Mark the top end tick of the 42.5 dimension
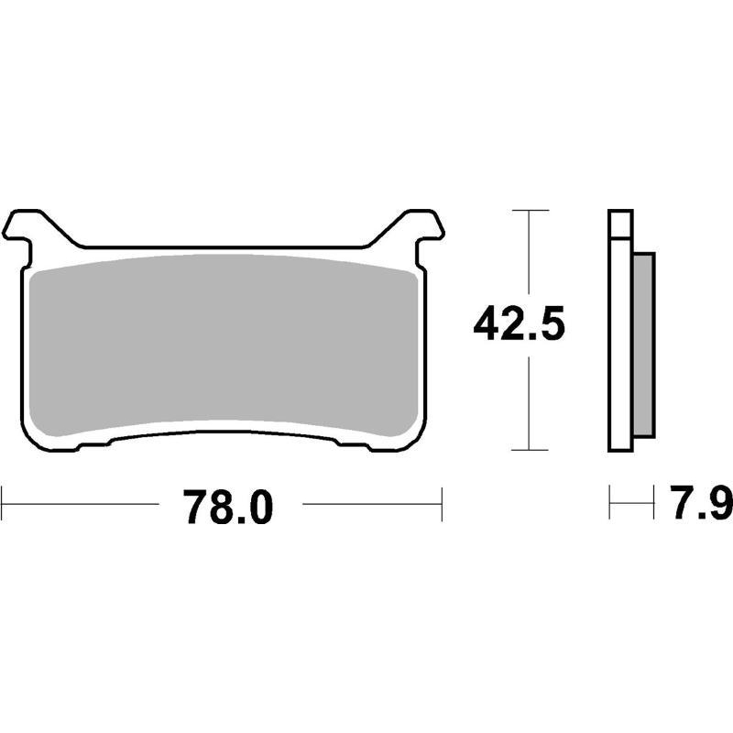[x=531, y=212]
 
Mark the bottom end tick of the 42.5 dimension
[x=531, y=450]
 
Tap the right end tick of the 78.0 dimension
[x=443, y=504]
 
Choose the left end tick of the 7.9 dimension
[x=610, y=504]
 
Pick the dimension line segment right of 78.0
[x=371, y=504]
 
